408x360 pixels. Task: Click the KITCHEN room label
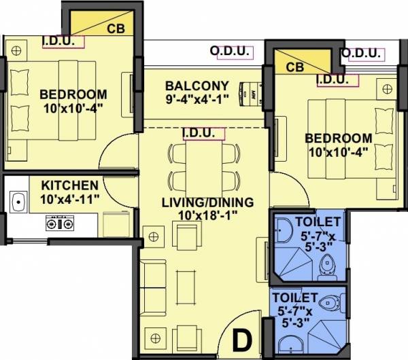click(69, 185)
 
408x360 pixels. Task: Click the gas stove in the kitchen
click(56, 222)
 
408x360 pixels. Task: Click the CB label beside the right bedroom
click(294, 67)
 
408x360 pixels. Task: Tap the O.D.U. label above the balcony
click(228, 51)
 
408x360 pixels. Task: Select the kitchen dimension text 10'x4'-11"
click(71, 199)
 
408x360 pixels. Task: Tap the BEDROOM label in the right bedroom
click(339, 137)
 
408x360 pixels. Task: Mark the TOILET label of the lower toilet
click(294, 297)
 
